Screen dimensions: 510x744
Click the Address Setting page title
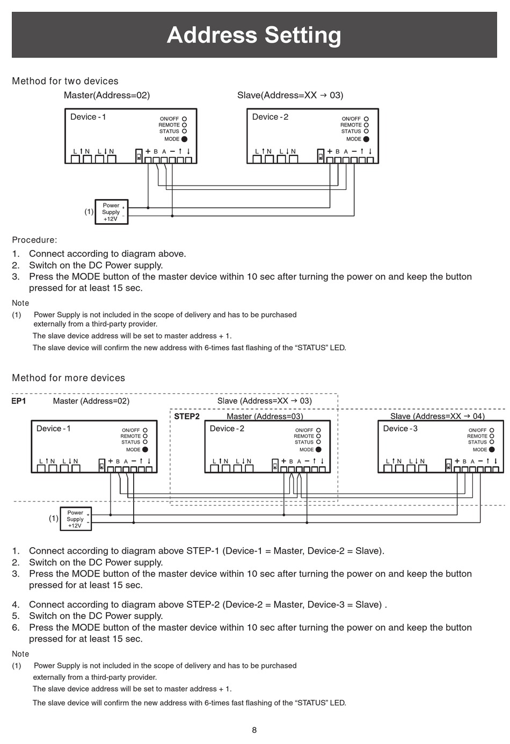tap(254, 35)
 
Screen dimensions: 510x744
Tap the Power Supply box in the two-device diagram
tap(111, 212)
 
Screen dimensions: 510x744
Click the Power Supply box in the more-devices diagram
tap(76, 519)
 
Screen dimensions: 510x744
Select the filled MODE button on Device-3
tap(492, 450)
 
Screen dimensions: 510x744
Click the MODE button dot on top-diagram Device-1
tap(184, 139)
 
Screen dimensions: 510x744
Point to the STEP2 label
tap(186, 416)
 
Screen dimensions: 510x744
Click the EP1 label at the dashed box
tap(19, 401)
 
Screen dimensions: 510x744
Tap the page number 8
tap(254, 730)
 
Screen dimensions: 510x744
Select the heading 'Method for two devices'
tap(65, 81)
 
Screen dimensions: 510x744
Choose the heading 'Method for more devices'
tap(69, 378)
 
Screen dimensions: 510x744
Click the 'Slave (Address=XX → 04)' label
tap(438, 416)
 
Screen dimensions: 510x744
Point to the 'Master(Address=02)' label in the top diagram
tap(107, 95)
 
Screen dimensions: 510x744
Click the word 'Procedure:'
tap(34, 240)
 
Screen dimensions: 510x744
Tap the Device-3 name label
tap(400, 429)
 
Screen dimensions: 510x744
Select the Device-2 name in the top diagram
tap(270, 117)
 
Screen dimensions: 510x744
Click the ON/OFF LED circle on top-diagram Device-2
tap(366, 119)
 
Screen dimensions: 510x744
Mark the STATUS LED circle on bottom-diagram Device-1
tap(145, 442)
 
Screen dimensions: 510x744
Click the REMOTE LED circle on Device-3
tap(492, 436)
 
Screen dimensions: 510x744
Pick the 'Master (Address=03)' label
tap(265, 416)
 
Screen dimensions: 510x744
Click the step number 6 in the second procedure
tap(15, 628)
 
